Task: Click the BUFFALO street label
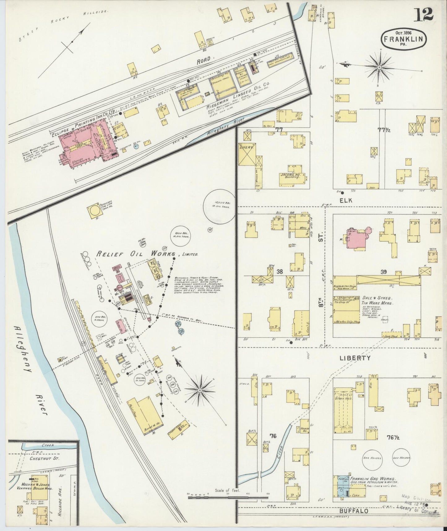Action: click(353, 511)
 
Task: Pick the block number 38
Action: click(280, 272)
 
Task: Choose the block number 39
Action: click(384, 272)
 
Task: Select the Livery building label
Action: click(246, 148)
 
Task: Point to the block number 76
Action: click(273, 436)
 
